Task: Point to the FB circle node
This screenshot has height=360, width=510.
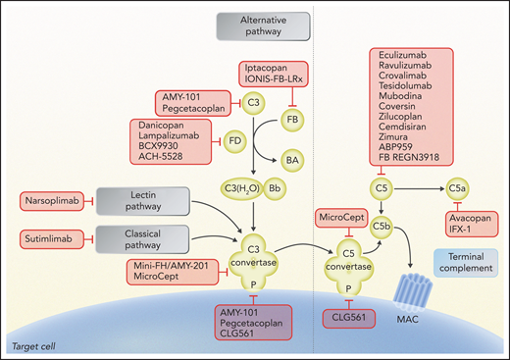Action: point(290,121)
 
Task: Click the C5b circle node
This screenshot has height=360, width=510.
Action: point(384,225)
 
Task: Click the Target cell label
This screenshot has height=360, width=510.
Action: point(28,348)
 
